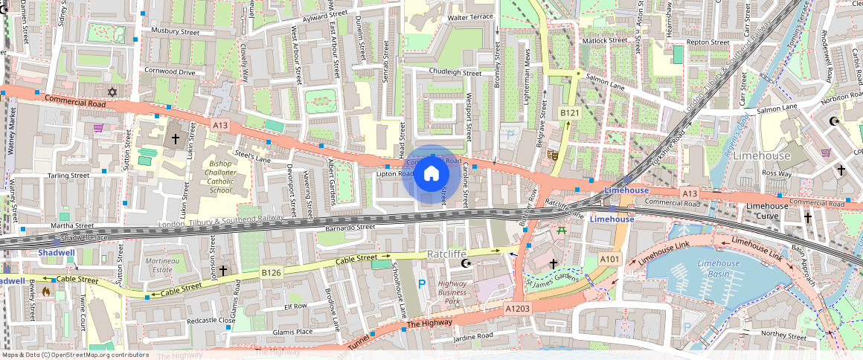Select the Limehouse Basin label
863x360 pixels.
719,269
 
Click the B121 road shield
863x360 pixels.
570,112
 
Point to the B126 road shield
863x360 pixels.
271,273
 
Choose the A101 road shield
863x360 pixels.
610,258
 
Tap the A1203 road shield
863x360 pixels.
518,308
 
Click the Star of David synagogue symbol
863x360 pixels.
112,91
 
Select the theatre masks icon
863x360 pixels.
553,155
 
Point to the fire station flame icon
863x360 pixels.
46,292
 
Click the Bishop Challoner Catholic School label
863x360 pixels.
220,176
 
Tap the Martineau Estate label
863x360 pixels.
163,266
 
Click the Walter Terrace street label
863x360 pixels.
469,16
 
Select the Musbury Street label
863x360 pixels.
176,31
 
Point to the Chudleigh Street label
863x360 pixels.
455,73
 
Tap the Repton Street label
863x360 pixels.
708,42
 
